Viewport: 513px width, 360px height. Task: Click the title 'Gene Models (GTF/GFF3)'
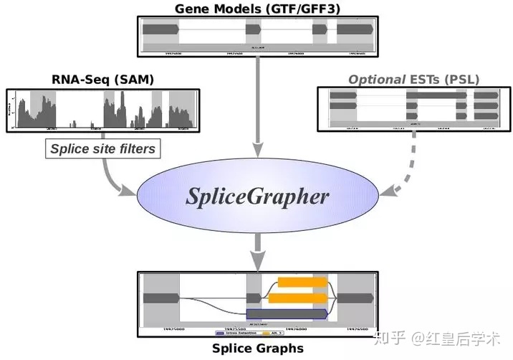tap(256, 9)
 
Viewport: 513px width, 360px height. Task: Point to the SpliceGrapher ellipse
tap(258, 196)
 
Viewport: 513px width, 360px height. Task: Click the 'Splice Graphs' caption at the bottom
tap(257, 349)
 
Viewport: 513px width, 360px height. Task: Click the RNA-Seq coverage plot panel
tap(101, 109)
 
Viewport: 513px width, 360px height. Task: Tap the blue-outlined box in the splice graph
tap(287, 314)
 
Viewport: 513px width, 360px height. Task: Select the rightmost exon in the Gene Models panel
tap(355, 29)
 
